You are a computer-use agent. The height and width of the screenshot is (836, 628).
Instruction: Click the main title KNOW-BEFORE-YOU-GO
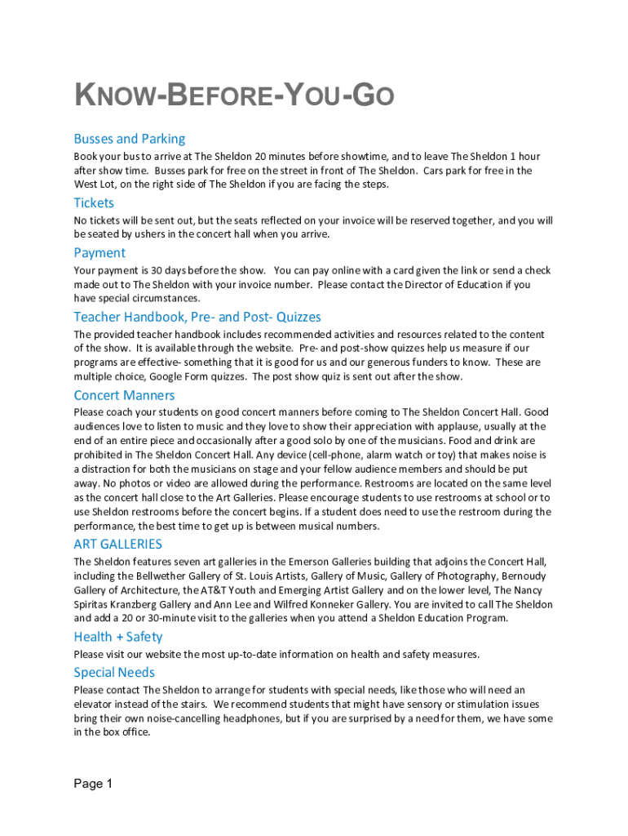(234, 96)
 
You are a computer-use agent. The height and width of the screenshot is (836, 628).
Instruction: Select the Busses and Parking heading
(130, 139)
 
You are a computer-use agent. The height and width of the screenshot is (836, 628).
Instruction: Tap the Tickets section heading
(94, 202)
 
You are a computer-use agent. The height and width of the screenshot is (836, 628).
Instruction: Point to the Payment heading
(100, 252)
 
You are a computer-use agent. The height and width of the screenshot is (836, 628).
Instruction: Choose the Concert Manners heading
(124, 395)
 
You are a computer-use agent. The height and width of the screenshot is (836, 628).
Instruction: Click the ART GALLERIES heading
(117, 544)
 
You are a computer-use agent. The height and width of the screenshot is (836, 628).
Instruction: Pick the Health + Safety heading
(117, 637)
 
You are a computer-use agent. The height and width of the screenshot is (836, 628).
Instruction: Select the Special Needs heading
(114, 673)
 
